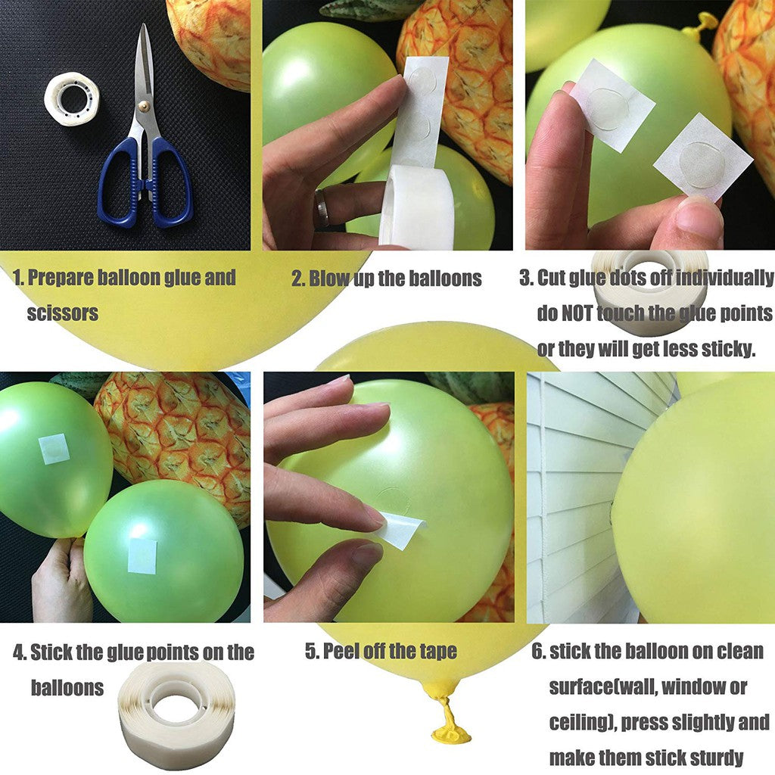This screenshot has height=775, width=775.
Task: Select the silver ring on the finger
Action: pos(322,208)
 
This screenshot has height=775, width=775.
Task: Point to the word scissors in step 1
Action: pos(63,313)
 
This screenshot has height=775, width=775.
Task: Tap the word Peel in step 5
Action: pos(341,651)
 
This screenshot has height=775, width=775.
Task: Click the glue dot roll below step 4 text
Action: pos(177,712)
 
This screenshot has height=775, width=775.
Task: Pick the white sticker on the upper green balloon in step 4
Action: pos(54,449)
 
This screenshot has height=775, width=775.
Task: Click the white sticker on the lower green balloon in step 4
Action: pos(142,556)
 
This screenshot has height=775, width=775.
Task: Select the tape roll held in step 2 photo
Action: pos(416,208)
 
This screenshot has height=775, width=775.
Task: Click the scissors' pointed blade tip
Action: pos(143,27)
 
